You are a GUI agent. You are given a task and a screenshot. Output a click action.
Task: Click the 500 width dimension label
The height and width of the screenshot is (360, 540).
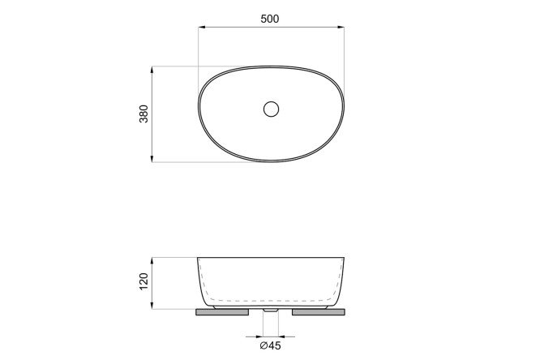click(270, 19)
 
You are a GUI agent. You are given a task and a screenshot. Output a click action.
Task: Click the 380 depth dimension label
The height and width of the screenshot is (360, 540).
click(144, 114)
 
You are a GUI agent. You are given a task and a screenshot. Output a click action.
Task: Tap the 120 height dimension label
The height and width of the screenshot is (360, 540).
click(144, 281)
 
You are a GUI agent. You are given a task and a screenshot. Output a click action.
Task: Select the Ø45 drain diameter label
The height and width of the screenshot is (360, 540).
click(270, 345)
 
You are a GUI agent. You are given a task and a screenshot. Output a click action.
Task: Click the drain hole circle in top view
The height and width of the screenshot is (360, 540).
click(271, 109)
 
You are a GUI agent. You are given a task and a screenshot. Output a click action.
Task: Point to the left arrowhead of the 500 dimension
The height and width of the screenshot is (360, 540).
click(202, 27)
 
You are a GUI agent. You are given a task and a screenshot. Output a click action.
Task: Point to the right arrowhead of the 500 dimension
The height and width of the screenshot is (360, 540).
click(341, 27)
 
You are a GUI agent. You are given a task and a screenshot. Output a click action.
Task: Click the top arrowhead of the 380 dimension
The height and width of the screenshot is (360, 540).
click(152, 70)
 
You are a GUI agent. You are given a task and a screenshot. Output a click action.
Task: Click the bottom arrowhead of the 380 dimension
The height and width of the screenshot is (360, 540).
click(152, 158)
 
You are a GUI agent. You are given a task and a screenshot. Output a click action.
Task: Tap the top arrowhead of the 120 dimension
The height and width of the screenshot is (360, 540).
click(152, 261)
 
